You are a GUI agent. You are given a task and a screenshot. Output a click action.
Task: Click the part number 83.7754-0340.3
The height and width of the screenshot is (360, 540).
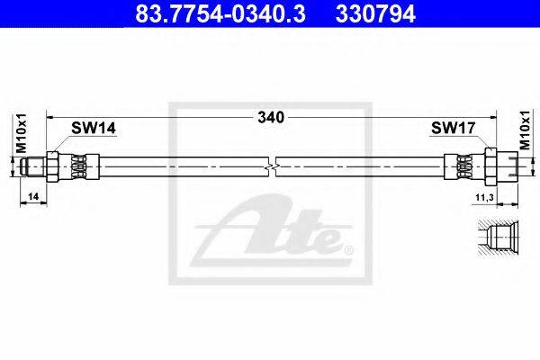tap(220, 13)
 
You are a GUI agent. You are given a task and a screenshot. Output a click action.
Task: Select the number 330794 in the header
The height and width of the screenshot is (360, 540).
tap(375, 13)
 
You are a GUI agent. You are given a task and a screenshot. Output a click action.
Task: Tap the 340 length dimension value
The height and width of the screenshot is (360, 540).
tap(271, 118)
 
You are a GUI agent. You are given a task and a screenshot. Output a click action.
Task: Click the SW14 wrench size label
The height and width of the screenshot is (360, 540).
tap(94, 128)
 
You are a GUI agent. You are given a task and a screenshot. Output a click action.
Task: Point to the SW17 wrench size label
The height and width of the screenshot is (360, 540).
tap(454, 128)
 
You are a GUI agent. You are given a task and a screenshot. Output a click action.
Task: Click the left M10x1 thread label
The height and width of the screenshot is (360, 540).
tap(22, 134)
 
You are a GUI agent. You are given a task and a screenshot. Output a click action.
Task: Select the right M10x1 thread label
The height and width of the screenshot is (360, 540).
tap(525, 130)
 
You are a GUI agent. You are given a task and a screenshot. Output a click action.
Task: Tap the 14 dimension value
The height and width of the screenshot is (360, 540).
tap(33, 196)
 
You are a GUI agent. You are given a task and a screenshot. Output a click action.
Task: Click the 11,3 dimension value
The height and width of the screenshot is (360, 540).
tap(484, 197)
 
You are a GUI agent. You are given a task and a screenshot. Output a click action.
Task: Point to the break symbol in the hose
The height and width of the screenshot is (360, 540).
tap(272, 167)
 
